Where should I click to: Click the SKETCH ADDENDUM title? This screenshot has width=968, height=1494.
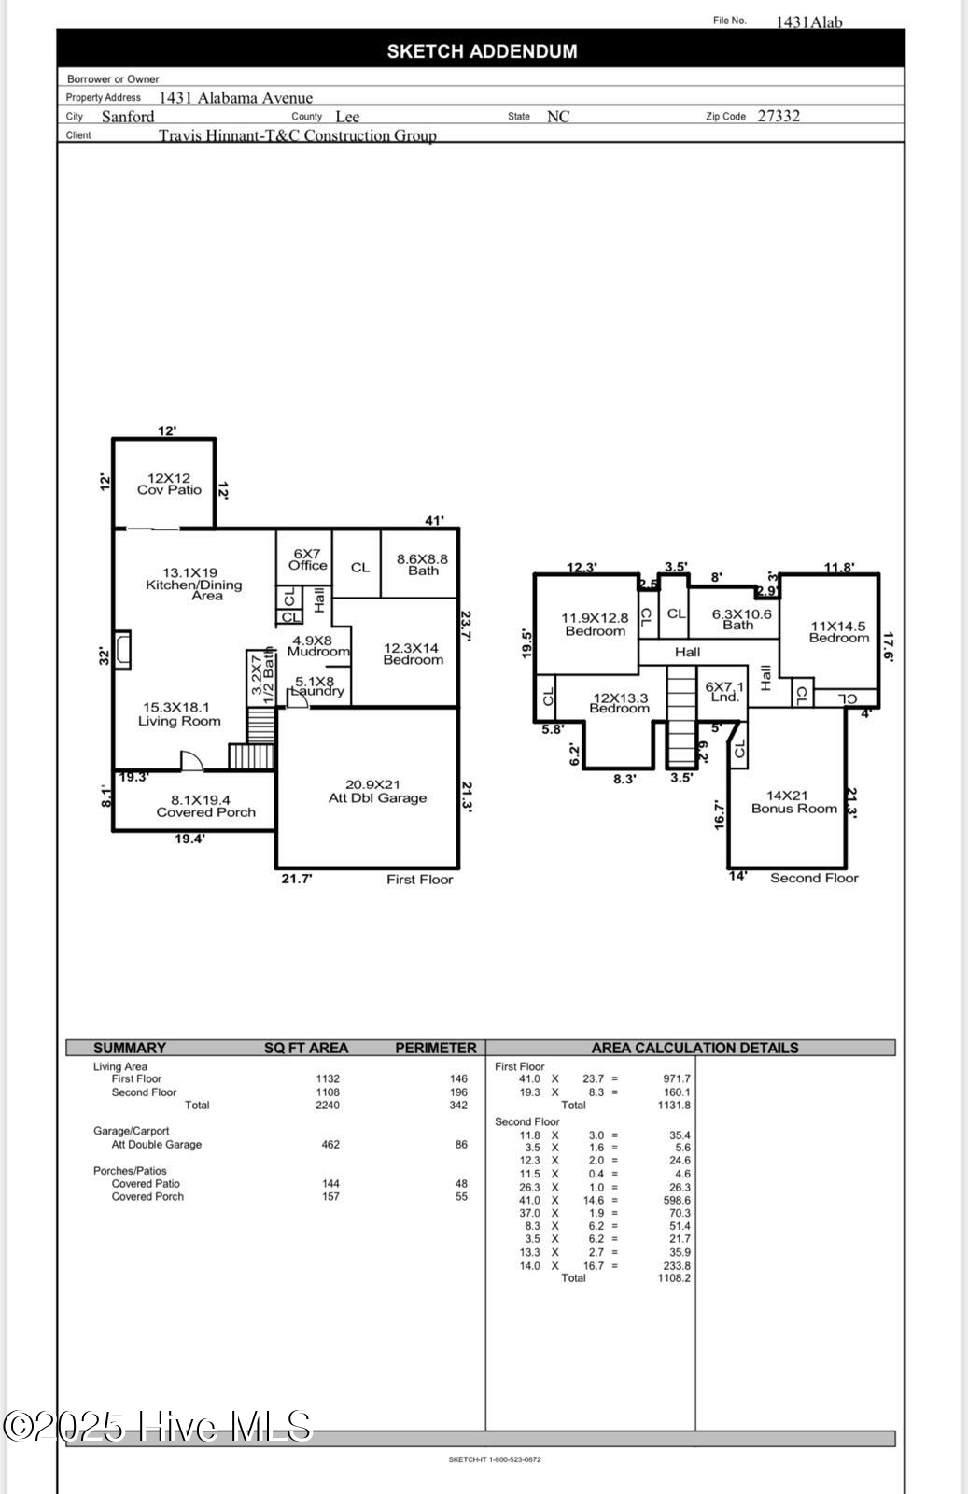pos(482,51)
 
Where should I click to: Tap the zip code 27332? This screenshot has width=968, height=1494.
pos(779,116)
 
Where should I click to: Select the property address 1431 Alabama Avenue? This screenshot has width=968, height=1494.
pos(235,97)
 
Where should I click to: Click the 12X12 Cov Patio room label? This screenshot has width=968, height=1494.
pos(169,484)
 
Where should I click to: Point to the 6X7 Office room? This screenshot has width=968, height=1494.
pos(307,559)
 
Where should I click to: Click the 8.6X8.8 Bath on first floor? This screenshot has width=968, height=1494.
pos(422,564)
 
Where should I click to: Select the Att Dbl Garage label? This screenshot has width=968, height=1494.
pos(377,792)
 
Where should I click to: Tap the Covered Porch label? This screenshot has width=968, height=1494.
pos(205,807)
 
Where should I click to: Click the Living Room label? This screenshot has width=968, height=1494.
pos(178,714)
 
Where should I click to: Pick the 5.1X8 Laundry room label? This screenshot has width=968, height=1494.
pos(316,686)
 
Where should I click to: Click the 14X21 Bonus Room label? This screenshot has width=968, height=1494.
pos(793,802)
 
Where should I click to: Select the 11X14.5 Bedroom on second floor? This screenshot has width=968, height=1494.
pos(838,632)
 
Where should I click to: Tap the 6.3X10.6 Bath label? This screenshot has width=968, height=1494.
pos(741,619)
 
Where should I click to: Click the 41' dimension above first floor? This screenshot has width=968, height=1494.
pos(434,521)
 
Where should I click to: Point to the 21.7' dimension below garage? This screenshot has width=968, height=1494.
pos(297,879)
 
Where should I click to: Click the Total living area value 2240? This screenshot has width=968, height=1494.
pos(328,1105)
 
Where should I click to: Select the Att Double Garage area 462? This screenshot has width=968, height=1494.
pos(330,1144)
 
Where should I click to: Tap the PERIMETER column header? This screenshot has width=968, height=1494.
pos(435,1048)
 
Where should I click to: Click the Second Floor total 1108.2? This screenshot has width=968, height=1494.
pos(674,1277)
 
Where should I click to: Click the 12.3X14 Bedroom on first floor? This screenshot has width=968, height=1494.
pos(413,654)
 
